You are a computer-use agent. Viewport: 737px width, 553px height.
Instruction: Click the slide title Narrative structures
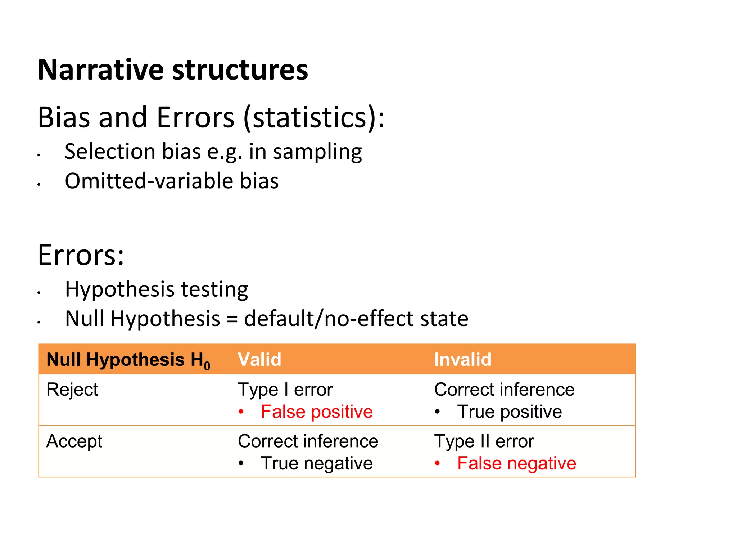pyautogui.click(x=173, y=69)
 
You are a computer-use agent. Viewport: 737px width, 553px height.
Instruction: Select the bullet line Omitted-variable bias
pyautogui.click(x=172, y=181)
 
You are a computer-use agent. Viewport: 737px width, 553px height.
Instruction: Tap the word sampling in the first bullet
pyautogui.click(x=317, y=152)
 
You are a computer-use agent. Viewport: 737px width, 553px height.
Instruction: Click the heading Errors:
pyautogui.click(x=81, y=255)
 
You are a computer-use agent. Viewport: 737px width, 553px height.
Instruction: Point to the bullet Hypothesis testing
pyautogui.click(x=156, y=289)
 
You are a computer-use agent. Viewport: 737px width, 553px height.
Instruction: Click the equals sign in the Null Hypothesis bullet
pyautogui.click(x=232, y=319)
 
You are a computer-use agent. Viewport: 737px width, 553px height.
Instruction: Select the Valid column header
pyautogui.click(x=259, y=359)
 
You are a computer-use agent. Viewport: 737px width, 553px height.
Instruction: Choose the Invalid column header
pyautogui.click(x=462, y=359)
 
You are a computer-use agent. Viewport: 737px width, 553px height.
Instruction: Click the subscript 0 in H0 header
pyautogui.click(x=207, y=367)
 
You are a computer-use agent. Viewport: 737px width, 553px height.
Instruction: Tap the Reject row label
pyautogui.click(x=72, y=390)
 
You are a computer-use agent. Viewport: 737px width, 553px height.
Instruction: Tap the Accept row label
pyautogui.click(x=74, y=441)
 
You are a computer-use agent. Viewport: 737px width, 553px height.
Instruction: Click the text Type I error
pyautogui.click(x=285, y=390)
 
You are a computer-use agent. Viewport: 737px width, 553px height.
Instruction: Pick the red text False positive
pyautogui.click(x=317, y=412)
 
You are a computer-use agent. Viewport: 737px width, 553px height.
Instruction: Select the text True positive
pyautogui.click(x=509, y=412)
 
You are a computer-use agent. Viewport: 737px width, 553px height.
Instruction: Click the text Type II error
pyautogui.click(x=484, y=441)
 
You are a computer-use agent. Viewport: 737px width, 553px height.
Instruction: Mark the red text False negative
pyautogui.click(x=516, y=463)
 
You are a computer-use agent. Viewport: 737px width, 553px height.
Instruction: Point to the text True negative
pyautogui.click(x=317, y=463)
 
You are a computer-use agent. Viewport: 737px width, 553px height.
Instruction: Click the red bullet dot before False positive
pyautogui.click(x=241, y=412)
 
